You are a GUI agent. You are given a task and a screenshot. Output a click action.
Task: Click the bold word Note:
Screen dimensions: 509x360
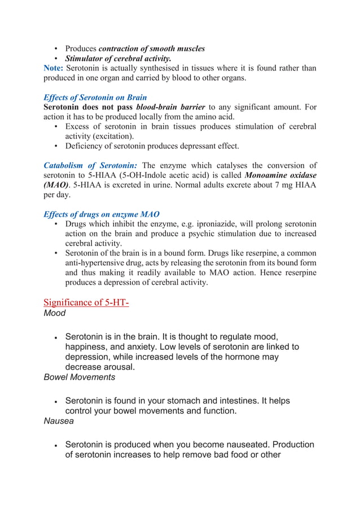point(54,68)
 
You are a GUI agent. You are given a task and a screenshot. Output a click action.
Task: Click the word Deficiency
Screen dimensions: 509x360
point(86,146)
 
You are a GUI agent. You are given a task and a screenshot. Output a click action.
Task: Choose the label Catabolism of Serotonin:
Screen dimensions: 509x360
point(90,165)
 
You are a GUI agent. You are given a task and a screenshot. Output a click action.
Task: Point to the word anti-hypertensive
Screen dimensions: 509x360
point(98,263)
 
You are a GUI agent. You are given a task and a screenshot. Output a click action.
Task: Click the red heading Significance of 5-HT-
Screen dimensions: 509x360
point(86,302)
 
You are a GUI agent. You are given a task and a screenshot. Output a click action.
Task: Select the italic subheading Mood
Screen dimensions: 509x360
point(55,313)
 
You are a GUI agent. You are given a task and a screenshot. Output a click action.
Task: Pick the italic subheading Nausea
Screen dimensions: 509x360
point(57,420)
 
